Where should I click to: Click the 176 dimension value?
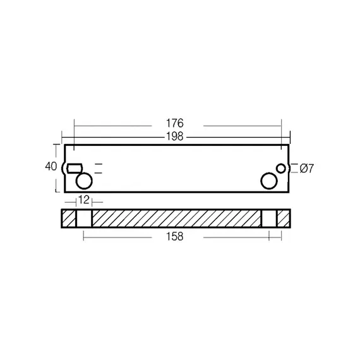[x=175, y=123]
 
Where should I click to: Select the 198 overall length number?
[x=175, y=136]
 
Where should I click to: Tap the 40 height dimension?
[x=51, y=167]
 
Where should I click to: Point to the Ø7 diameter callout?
[x=307, y=169]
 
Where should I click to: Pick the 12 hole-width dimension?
[x=84, y=200]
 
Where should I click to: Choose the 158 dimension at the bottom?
[x=175, y=236]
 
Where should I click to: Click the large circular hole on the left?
[x=84, y=181]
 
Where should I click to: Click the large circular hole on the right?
[x=269, y=181]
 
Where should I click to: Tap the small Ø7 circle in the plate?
[x=281, y=169]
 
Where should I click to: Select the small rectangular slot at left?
[x=75, y=168]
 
